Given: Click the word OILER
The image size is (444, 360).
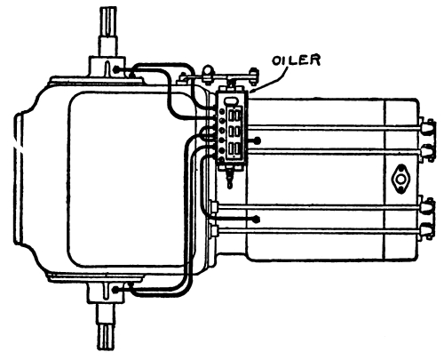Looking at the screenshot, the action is click(x=297, y=60).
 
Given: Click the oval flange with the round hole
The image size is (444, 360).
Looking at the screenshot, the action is click(x=400, y=180).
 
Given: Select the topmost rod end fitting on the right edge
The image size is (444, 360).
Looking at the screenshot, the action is click(x=428, y=127).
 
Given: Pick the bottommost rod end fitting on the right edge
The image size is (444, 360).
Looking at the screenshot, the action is click(x=428, y=231).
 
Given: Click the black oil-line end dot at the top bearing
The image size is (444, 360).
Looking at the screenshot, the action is click(x=116, y=69).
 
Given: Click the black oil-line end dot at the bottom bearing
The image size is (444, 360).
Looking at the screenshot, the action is click(x=116, y=290).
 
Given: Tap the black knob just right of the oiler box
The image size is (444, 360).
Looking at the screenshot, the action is click(x=258, y=140).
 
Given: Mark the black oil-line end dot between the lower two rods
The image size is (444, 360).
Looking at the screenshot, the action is click(x=257, y=219).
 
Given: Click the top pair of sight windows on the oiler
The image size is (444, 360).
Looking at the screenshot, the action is click(x=234, y=115).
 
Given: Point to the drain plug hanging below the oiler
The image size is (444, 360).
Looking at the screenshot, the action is click(x=230, y=177).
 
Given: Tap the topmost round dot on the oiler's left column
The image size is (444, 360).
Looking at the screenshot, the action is click(x=222, y=111).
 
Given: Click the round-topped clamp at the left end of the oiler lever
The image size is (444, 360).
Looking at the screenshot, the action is click(x=208, y=74).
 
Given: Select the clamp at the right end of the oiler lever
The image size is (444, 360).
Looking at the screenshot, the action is click(x=254, y=75).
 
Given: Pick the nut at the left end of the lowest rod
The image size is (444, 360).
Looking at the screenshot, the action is click(x=214, y=231).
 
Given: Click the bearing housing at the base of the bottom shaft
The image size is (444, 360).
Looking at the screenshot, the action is click(x=106, y=292).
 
